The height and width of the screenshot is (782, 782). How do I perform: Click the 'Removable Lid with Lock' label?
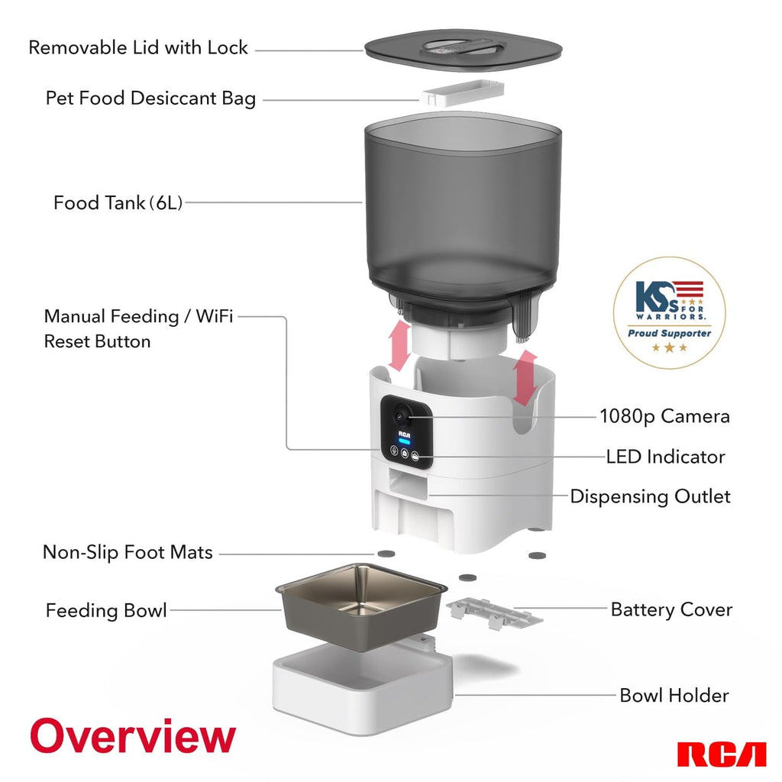(x=138, y=47)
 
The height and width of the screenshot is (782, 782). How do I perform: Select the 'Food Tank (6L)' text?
(x=118, y=203)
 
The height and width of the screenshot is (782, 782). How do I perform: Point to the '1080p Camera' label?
(x=664, y=416)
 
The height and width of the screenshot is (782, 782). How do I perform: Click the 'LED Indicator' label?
(x=665, y=457)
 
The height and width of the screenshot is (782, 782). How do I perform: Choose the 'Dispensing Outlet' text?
(x=650, y=496)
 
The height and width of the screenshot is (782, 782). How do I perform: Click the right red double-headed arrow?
(x=523, y=377)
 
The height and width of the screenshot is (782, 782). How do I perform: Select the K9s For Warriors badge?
(x=669, y=313)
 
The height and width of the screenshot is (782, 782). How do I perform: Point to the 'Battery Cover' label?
(x=671, y=609)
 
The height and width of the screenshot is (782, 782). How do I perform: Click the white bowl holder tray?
(x=363, y=683)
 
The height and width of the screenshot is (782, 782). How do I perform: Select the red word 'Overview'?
(x=133, y=736)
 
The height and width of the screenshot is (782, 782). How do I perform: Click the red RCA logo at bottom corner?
(x=721, y=754)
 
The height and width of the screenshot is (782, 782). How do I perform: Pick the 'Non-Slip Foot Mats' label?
(x=128, y=551)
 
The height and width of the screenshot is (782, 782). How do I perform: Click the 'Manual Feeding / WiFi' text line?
(x=138, y=316)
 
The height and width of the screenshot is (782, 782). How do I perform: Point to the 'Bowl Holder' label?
(x=674, y=695)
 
